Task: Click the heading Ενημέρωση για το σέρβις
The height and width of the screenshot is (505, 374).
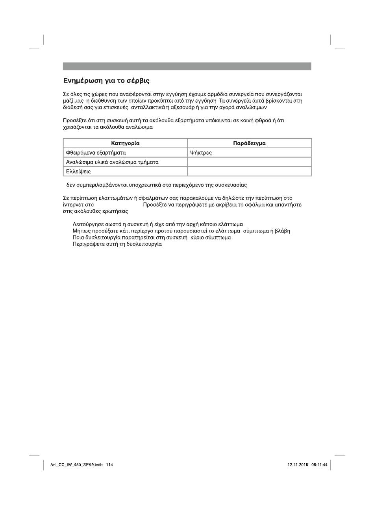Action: click(106, 81)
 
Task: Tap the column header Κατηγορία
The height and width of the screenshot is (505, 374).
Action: click(125, 143)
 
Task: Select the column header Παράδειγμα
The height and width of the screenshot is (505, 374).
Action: click(249, 143)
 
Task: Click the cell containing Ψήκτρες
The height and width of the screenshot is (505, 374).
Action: click(201, 153)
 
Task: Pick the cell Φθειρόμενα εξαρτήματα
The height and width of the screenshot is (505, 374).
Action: click(96, 153)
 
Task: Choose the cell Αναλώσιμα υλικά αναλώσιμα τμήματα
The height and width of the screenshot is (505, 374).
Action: click(112, 162)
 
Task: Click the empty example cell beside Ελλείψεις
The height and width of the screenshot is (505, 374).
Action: click(249, 171)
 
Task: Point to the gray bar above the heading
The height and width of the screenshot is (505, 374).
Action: click(187, 66)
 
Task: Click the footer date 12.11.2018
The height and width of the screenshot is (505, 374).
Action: click(298, 465)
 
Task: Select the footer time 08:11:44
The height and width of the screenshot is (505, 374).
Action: click(319, 465)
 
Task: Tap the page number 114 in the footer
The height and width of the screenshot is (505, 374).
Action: click(109, 465)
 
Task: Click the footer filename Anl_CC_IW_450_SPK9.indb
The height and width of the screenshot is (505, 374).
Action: click(76, 465)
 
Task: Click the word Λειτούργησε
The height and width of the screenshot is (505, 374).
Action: click(86, 225)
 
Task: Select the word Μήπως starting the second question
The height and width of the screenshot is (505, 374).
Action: click(80, 231)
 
